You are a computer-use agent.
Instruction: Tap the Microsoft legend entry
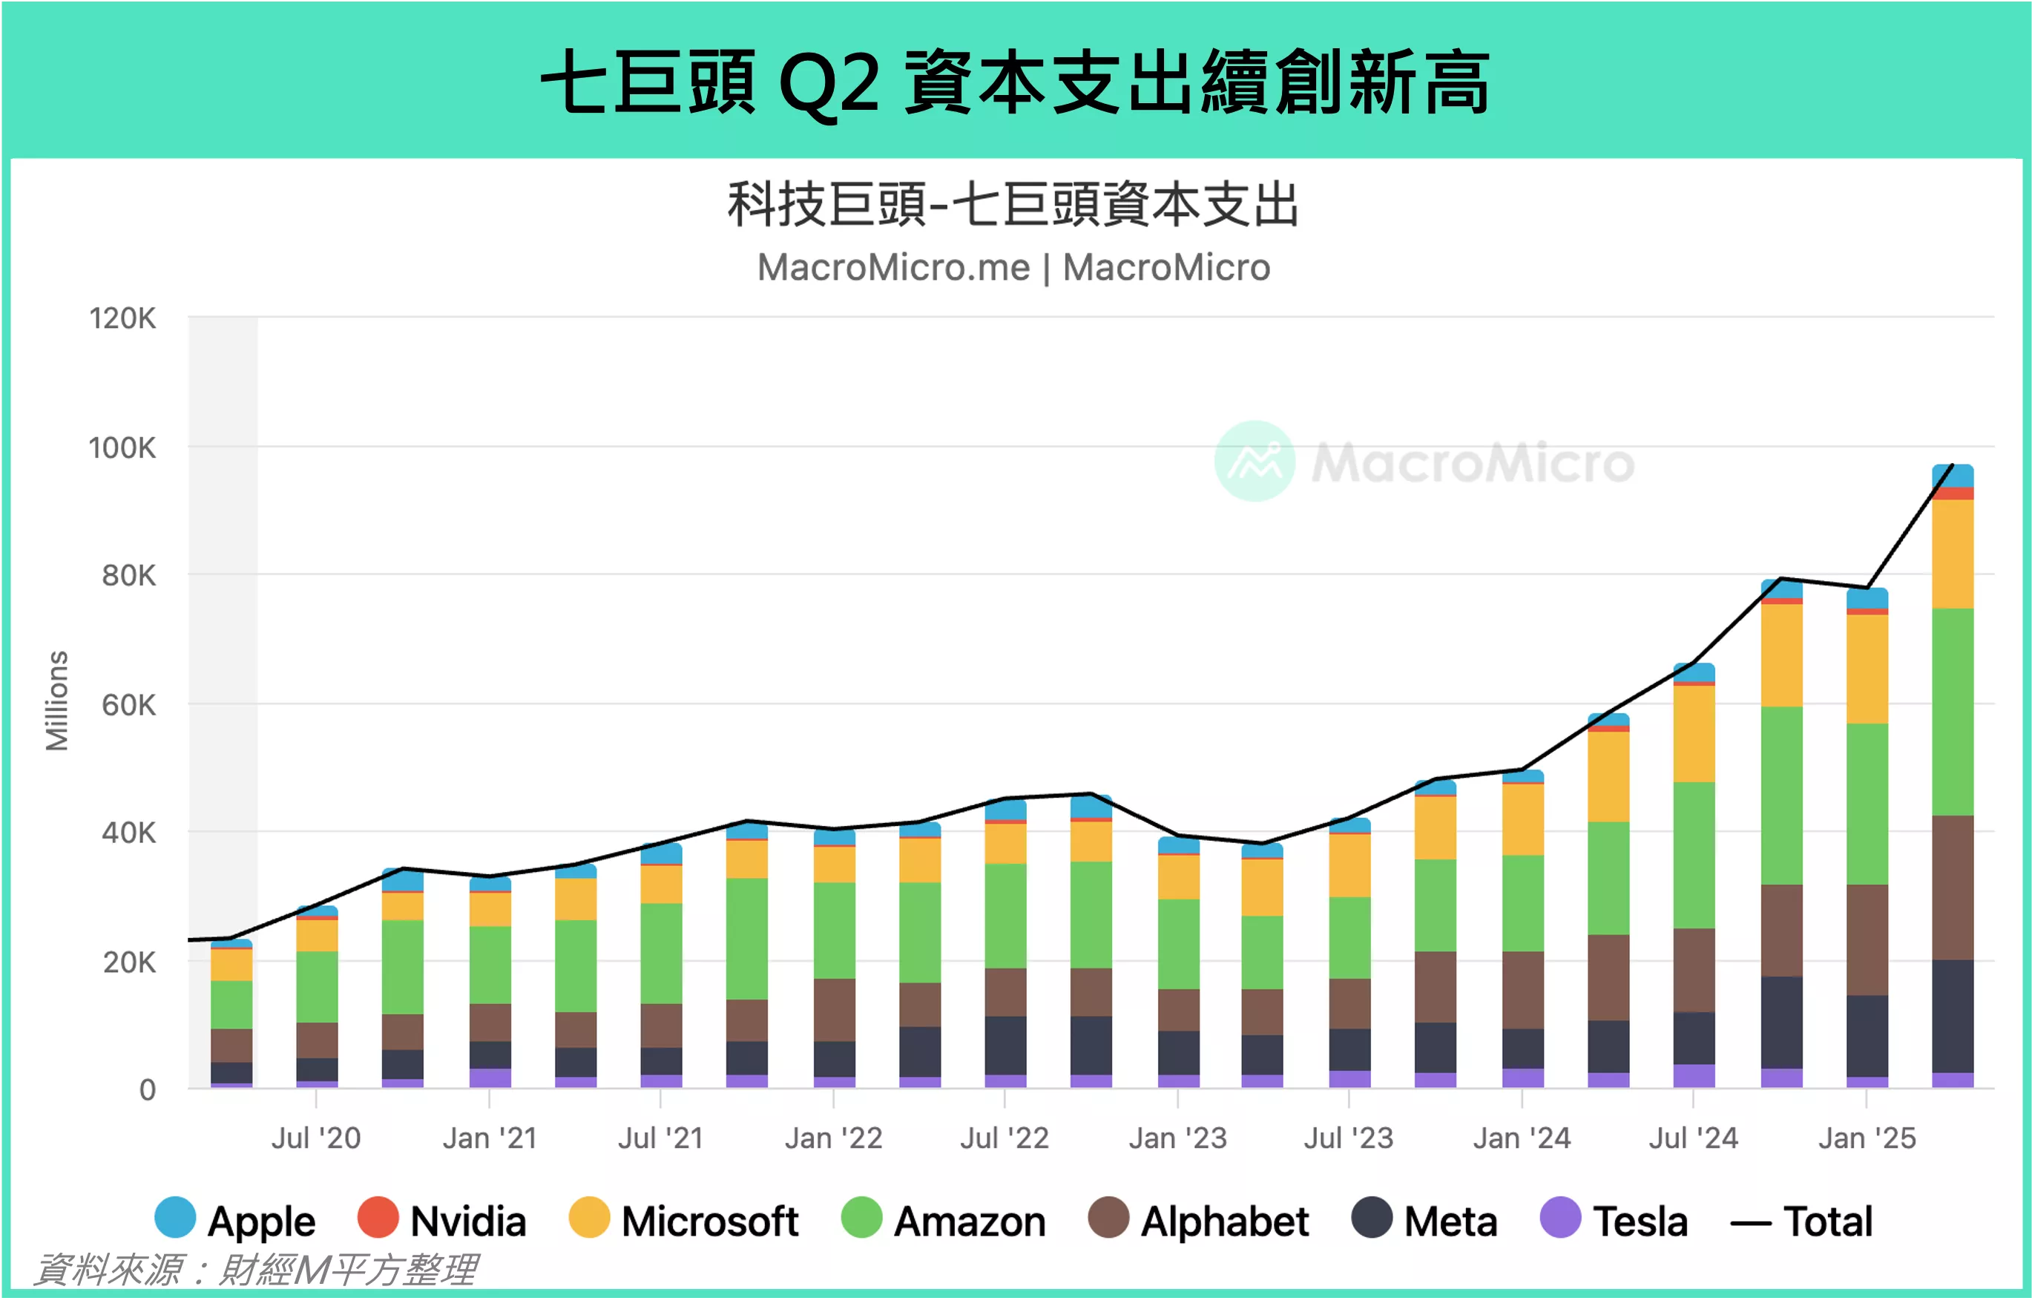683,1220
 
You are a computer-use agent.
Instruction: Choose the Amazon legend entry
943,1220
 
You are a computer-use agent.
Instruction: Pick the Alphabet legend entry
1198,1220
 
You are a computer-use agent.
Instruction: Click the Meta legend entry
1424,1220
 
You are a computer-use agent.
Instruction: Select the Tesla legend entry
1614,1220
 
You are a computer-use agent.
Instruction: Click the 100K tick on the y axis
122,447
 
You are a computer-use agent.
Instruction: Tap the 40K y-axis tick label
128,833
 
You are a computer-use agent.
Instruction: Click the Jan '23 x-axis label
1177,1138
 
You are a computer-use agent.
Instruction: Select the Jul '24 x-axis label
1693,1138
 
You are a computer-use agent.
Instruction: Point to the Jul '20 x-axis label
316,1138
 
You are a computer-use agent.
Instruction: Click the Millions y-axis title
56,701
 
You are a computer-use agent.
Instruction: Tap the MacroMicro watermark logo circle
1255,461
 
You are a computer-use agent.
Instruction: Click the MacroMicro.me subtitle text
893,267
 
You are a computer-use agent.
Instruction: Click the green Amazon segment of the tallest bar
1953,711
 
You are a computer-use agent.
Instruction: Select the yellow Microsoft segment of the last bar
1953,554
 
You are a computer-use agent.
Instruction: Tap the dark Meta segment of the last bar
1953,1016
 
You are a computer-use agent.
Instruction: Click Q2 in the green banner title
829,83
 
